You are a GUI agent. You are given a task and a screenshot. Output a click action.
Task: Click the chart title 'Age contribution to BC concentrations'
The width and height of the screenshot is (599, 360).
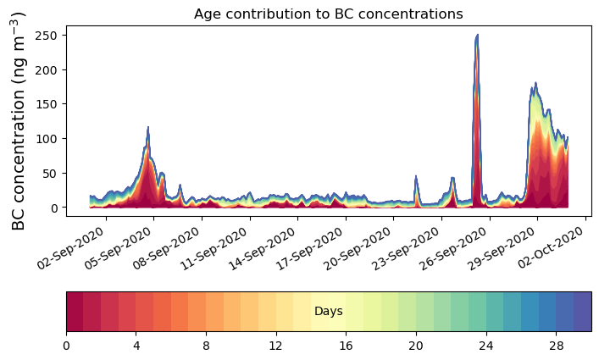tap(328, 14)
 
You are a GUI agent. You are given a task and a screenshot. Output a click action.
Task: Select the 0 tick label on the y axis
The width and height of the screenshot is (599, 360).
tap(53, 208)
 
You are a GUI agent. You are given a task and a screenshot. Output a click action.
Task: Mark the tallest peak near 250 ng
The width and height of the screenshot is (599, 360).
tap(477, 36)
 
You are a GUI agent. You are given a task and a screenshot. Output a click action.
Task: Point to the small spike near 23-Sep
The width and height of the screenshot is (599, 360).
tap(416, 177)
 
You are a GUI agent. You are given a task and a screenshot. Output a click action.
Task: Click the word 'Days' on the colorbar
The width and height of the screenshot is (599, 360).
tap(328, 312)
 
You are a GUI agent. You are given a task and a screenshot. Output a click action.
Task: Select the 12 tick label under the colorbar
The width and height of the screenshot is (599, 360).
tap(275, 346)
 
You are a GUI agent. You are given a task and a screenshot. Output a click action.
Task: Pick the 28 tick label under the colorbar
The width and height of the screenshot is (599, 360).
tap(555, 346)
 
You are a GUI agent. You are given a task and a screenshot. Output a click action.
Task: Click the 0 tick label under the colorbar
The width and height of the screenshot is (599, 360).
tap(66, 346)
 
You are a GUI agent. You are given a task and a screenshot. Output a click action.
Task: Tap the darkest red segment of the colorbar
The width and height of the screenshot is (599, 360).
tap(75, 312)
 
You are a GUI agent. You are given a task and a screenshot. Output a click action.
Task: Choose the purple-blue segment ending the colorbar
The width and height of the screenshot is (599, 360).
tap(582, 312)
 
